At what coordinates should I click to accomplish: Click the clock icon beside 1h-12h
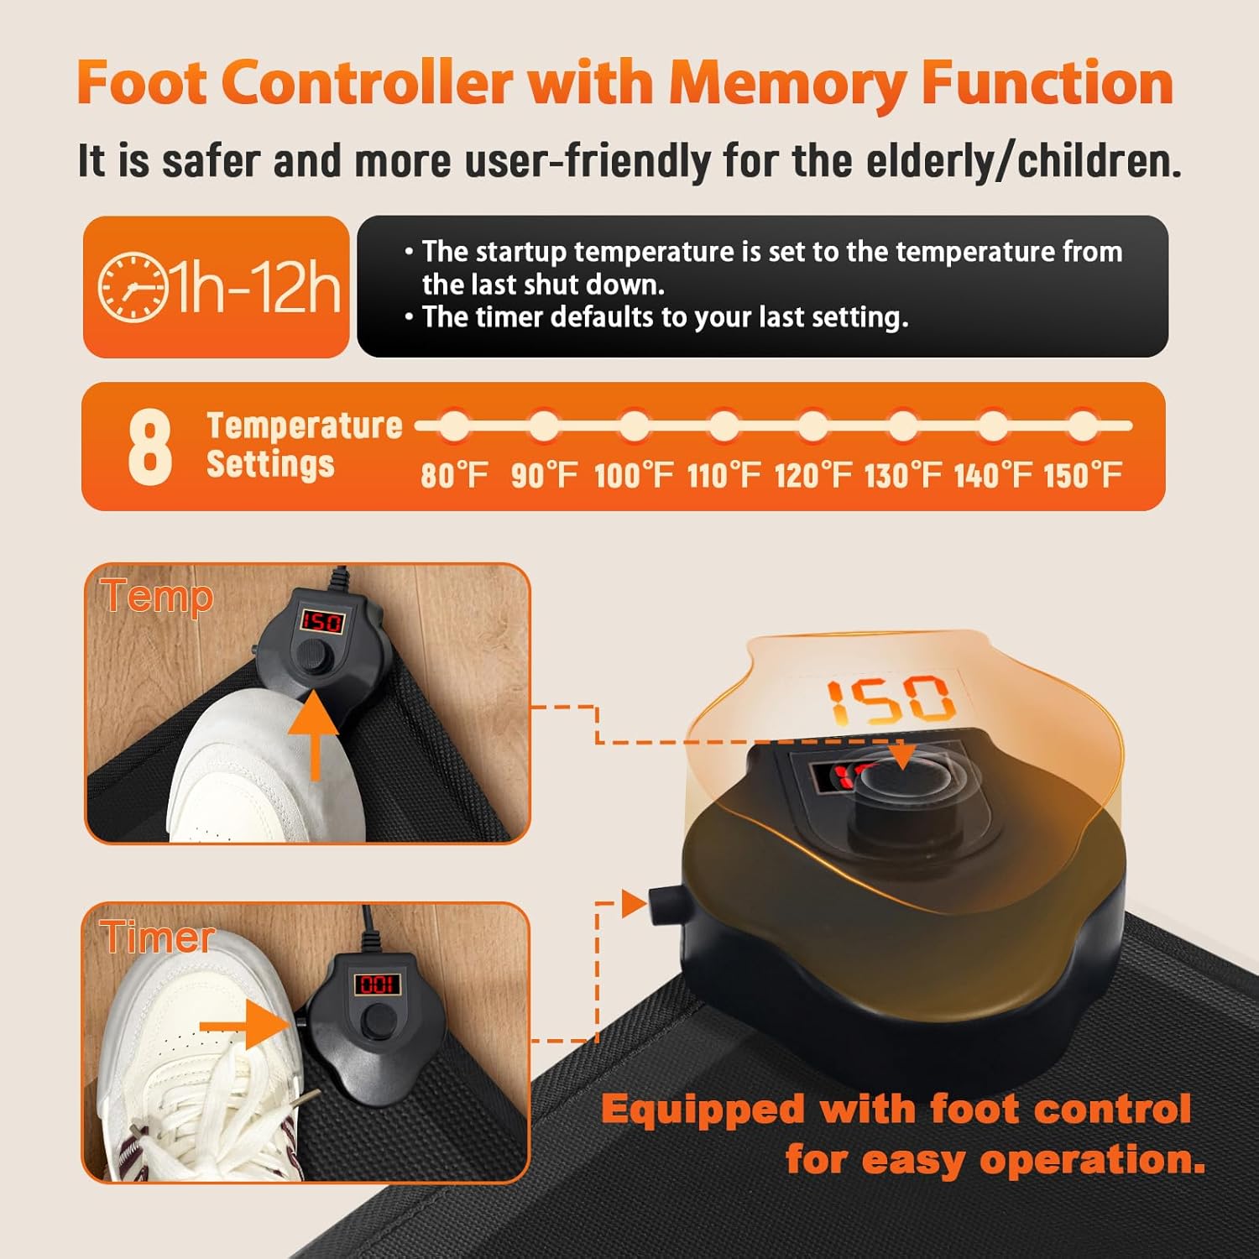click(x=133, y=287)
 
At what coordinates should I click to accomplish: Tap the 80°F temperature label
click(x=454, y=475)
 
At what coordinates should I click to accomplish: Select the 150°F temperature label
click(x=1082, y=475)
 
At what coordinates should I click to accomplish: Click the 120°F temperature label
click(x=812, y=475)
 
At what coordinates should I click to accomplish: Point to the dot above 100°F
click(x=634, y=426)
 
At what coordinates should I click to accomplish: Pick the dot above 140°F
click(x=993, y=426)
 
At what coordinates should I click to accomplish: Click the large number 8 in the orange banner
click(x=150, y=447)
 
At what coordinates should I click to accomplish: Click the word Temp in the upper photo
click(x=158, y=598)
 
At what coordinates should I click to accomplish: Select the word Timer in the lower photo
click(x=158, y=936)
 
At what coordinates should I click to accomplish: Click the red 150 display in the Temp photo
click(x=322, y=622)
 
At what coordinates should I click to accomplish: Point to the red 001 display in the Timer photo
click(x=377, y=984)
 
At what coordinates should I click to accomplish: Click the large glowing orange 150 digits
click(x=891, y=701)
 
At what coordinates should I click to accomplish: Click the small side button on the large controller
click(x=660, y=907)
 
